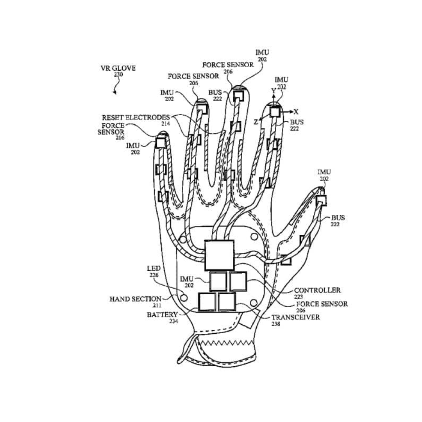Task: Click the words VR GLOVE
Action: pyautogui.click(x=118, y=68)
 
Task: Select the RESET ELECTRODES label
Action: pyautogui.click(x=136, y=117)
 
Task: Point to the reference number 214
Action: pyautogui.click(x=166, y=123)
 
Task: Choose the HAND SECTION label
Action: pyautogui.click(x=135, y=299)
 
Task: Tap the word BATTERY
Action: pyautogui.click(x=163, y=315)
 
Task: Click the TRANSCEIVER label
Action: pyautogui.click(x=295, y=317)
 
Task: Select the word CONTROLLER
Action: pyautogui.click(x=317, y=290)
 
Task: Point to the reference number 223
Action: pyautogui.click(x=299, y=297)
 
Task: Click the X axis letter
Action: pyautogui.click(x=296, y=111)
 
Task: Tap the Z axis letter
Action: pyautogui.click(x=256, y=122)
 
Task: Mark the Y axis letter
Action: pyautogui.click(x=274, y=91)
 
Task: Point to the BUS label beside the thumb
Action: pyautogui.click(x=338, y=218)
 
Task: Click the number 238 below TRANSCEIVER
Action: pyautogui.click(x=275, y=324)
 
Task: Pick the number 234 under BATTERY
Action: pyautogui.click(x=174, y=321)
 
